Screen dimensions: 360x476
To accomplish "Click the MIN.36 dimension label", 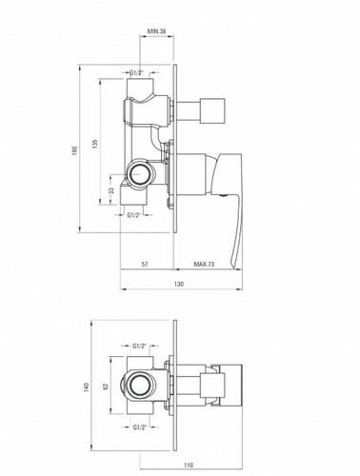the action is pos(156,31).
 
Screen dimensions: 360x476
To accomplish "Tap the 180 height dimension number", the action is pos(75,149).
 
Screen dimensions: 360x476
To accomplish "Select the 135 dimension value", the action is pos(95,143).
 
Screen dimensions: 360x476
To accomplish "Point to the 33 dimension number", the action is pos(111,190).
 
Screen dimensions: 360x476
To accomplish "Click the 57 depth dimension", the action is pos(145,264).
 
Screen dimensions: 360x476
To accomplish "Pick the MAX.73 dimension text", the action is pos(204,264).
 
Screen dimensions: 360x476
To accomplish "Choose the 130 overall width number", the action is pos(179,285).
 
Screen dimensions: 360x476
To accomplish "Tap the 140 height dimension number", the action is pos(87,387).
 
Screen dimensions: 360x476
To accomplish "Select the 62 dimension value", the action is pos(106,387).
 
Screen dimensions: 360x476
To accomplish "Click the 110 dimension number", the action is pos(189,466).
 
